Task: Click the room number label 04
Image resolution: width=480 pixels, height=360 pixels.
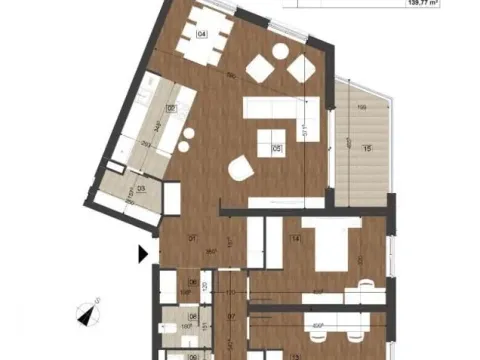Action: point(202,33)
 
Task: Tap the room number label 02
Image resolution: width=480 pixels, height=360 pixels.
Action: point(171,108)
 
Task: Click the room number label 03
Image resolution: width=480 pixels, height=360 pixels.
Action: point(142,187)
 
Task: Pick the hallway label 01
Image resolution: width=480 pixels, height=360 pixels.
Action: point(194,239)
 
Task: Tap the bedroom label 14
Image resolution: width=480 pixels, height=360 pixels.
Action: point(295,238)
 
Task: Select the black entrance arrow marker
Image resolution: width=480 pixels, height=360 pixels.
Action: point(144,254)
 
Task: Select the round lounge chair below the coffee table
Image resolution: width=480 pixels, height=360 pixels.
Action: point(240,169)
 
